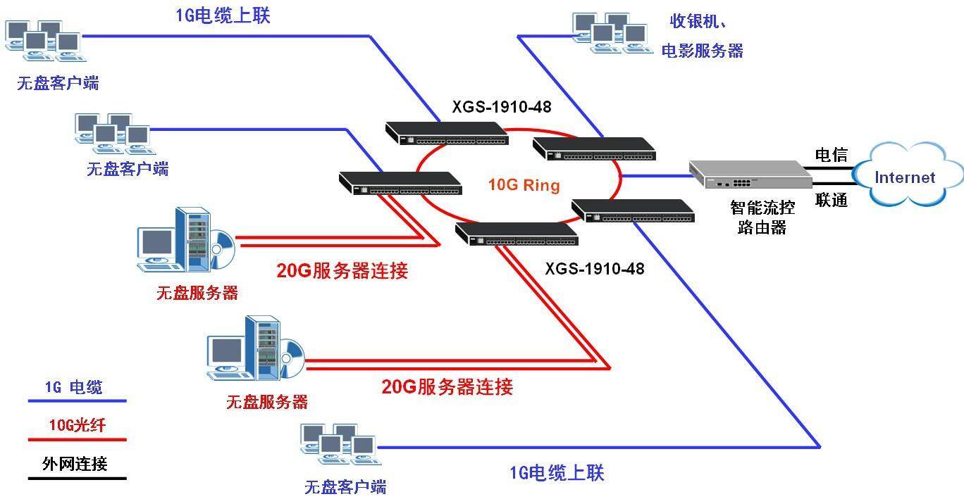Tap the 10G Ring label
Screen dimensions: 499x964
(524, 186)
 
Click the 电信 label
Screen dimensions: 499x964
(831, 155)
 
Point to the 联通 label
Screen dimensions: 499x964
(831, 200)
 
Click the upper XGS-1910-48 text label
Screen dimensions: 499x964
(501, 108)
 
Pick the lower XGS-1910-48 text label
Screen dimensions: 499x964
(594, 269)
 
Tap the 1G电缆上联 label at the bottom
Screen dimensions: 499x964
(557, 473)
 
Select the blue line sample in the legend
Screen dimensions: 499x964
(77, 401)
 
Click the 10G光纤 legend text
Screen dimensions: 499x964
(78, 424)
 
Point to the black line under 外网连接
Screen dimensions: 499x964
(77, 479)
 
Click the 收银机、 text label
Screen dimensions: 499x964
(698, 21)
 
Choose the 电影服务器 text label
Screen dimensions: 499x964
(702, 51)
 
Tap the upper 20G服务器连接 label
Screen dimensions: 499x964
(342, 271)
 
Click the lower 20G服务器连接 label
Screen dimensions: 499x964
(447, 386)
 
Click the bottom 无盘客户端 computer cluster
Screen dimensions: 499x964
(337, 445)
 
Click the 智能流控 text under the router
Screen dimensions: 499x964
(762, 208)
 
